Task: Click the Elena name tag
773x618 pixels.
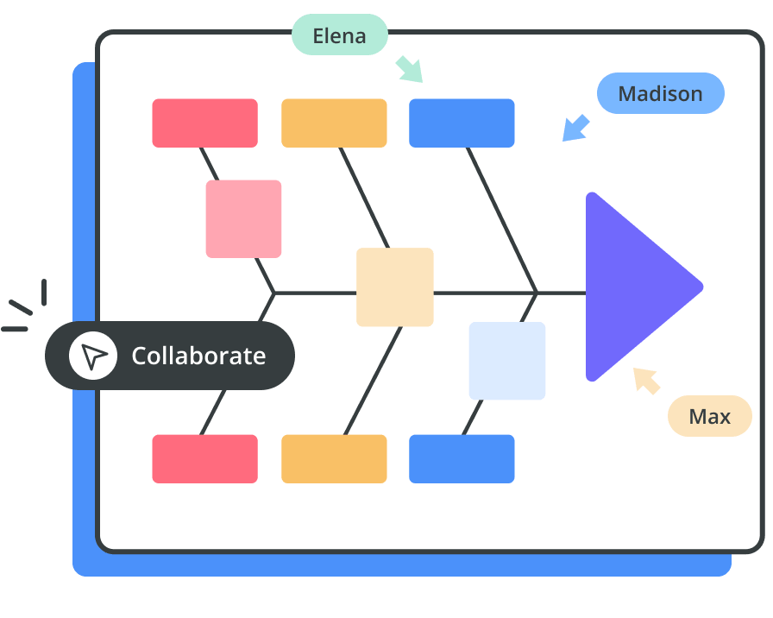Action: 339,36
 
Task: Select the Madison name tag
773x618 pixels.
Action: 660,93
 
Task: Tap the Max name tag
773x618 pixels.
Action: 709,417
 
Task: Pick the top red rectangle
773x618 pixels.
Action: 204,123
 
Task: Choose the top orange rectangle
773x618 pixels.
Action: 334,123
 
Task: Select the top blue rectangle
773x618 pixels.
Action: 462,123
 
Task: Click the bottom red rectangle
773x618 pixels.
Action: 204,458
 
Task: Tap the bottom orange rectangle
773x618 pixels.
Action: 334,458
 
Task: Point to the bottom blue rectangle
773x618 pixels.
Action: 462,458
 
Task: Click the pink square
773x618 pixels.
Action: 243,218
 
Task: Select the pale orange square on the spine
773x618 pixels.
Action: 394,287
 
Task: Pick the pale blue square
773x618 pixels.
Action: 507,360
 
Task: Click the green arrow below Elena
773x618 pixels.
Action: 410,69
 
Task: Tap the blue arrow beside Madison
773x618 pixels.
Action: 575,128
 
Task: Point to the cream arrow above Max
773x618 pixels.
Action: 646,380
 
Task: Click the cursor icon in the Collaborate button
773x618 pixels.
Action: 93,356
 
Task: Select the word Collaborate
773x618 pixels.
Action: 198,356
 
